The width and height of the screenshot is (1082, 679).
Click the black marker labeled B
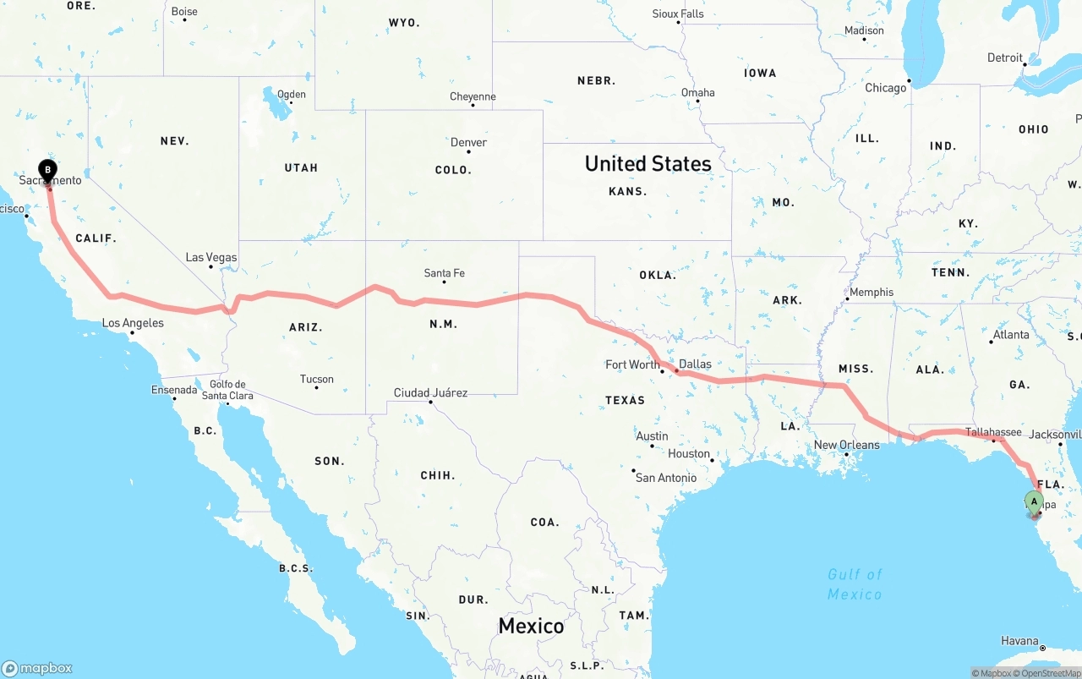click(48, 171)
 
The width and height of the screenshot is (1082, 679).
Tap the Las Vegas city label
click(211, 258)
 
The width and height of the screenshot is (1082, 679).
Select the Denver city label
click(468, 143)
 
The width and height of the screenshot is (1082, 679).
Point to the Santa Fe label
click(444, 273)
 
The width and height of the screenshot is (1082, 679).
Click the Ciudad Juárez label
click(430, 393)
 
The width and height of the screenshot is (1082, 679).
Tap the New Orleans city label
click(846, 446)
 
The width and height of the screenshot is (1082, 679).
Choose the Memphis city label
click(871, 293)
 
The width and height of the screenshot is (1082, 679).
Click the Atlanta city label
click(1011, 335)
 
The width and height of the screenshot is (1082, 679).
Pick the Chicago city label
click(885, 88)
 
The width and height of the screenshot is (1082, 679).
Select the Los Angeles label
click(133, 323)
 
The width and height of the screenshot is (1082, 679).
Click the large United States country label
click(648, 164)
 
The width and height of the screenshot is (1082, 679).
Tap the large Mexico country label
click(531, 626)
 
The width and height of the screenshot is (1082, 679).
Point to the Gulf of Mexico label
click(855, 584)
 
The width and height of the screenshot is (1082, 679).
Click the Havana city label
click(1019, 641)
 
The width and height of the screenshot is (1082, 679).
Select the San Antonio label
click(666, 478)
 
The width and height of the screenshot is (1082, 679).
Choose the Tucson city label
click(316, 380)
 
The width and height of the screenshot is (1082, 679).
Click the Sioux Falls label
click(677, 14)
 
